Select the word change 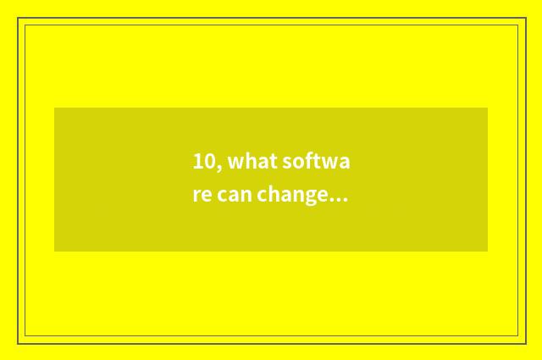pyautogui.click(x=293, y=197)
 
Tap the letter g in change pyautogui.click(x=308, y=198)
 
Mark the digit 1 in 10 pyautogui.click(x=197, y=161)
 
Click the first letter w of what pyautogui.click(x=234, y=162)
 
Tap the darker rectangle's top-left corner pyautogui.click(x=54, y=108)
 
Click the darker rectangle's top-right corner pyautogui.click(x=488, y=108)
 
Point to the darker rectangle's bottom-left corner pyautogui.click(x=54, y=252)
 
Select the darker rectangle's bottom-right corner pyautogui.click(x=488, y=252)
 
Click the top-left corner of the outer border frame pyautogui.click(x=18, y=18)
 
